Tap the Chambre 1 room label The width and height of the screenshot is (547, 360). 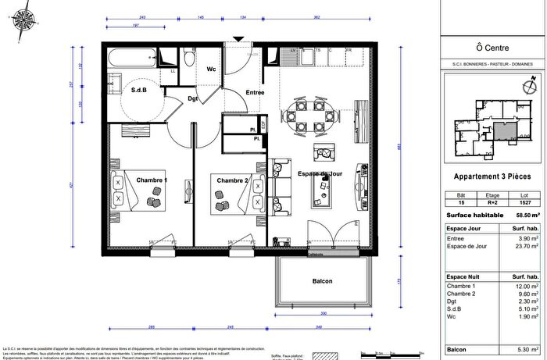152,180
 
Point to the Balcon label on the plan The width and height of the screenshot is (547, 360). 322,281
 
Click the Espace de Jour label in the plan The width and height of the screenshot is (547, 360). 320,173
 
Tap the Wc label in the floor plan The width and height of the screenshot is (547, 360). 211,69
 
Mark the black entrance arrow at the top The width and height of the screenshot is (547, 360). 238,38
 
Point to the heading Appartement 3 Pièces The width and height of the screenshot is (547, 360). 492,176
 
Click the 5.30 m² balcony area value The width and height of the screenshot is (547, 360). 527,349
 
